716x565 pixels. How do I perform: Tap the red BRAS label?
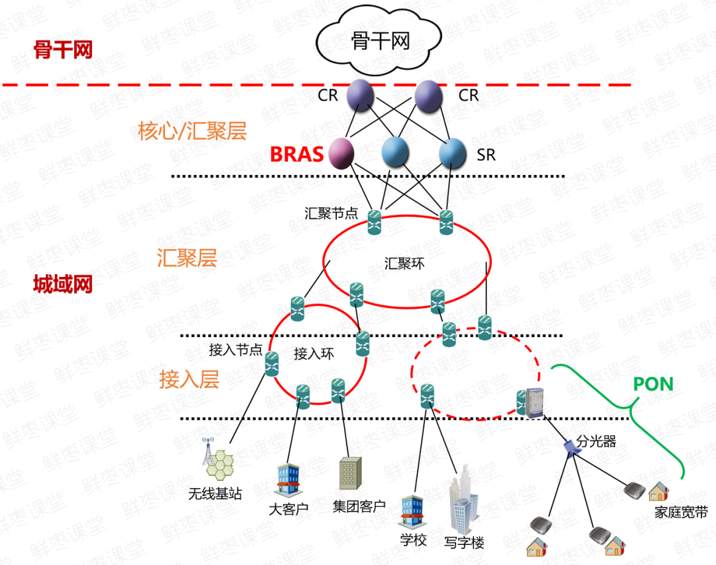click(296, 154)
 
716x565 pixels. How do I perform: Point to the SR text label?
click(486, 155)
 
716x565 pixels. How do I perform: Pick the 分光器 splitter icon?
click(571, 446)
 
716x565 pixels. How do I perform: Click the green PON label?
click(653, 384)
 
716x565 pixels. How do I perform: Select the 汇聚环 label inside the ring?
click(404, 264)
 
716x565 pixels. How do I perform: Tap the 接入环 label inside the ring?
click(314, 353)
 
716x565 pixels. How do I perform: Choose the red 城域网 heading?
click(63, 285)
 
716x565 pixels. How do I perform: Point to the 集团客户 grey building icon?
click(349, 473)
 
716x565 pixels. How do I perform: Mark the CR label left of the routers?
click(328, 95)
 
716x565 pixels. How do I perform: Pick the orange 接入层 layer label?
click(189, 380)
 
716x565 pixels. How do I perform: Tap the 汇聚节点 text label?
click(331, 213)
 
